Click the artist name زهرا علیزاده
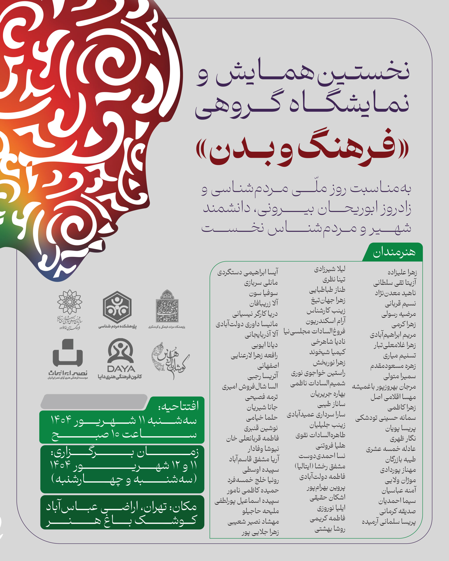coord(402,272)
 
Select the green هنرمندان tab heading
coord(394,252)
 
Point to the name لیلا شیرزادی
coord(330,269)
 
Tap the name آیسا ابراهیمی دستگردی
coord(248,272)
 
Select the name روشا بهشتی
coord(330,529)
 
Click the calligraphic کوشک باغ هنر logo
coord(170,361)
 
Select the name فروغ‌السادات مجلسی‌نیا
coord(314,331)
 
